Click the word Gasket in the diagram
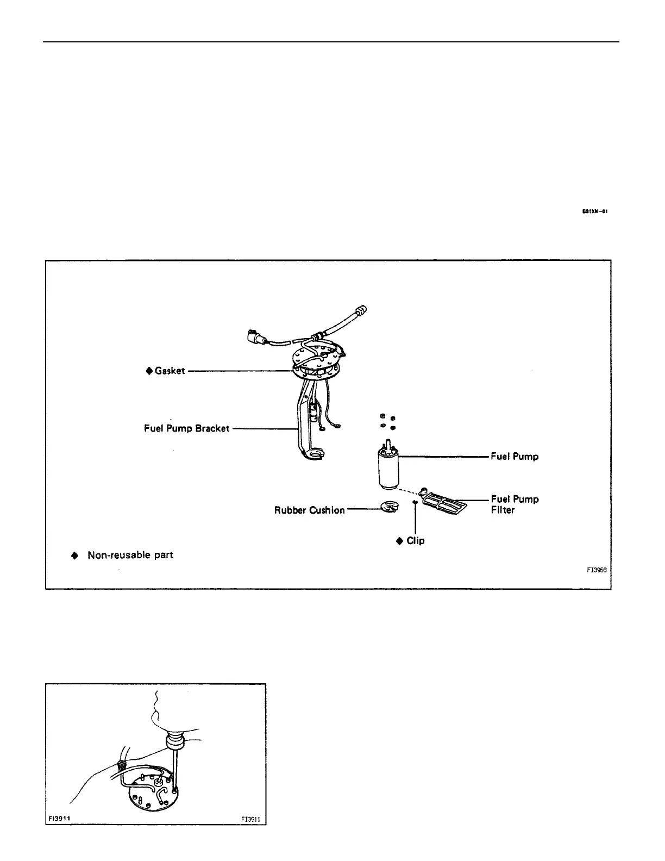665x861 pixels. [170, 371]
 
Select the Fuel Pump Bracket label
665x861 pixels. [186, 428]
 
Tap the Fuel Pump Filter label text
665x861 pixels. [515, 504]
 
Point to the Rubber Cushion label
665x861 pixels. [309, 510]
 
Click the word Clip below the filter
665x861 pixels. [416, 540]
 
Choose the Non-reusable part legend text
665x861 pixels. [130, 555]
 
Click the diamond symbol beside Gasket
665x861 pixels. [149, 371]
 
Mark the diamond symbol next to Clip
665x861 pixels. [400, 540]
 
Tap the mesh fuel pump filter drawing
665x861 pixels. [444, 501]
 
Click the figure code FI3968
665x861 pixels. [597, 570]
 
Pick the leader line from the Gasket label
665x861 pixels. [239, 371]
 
